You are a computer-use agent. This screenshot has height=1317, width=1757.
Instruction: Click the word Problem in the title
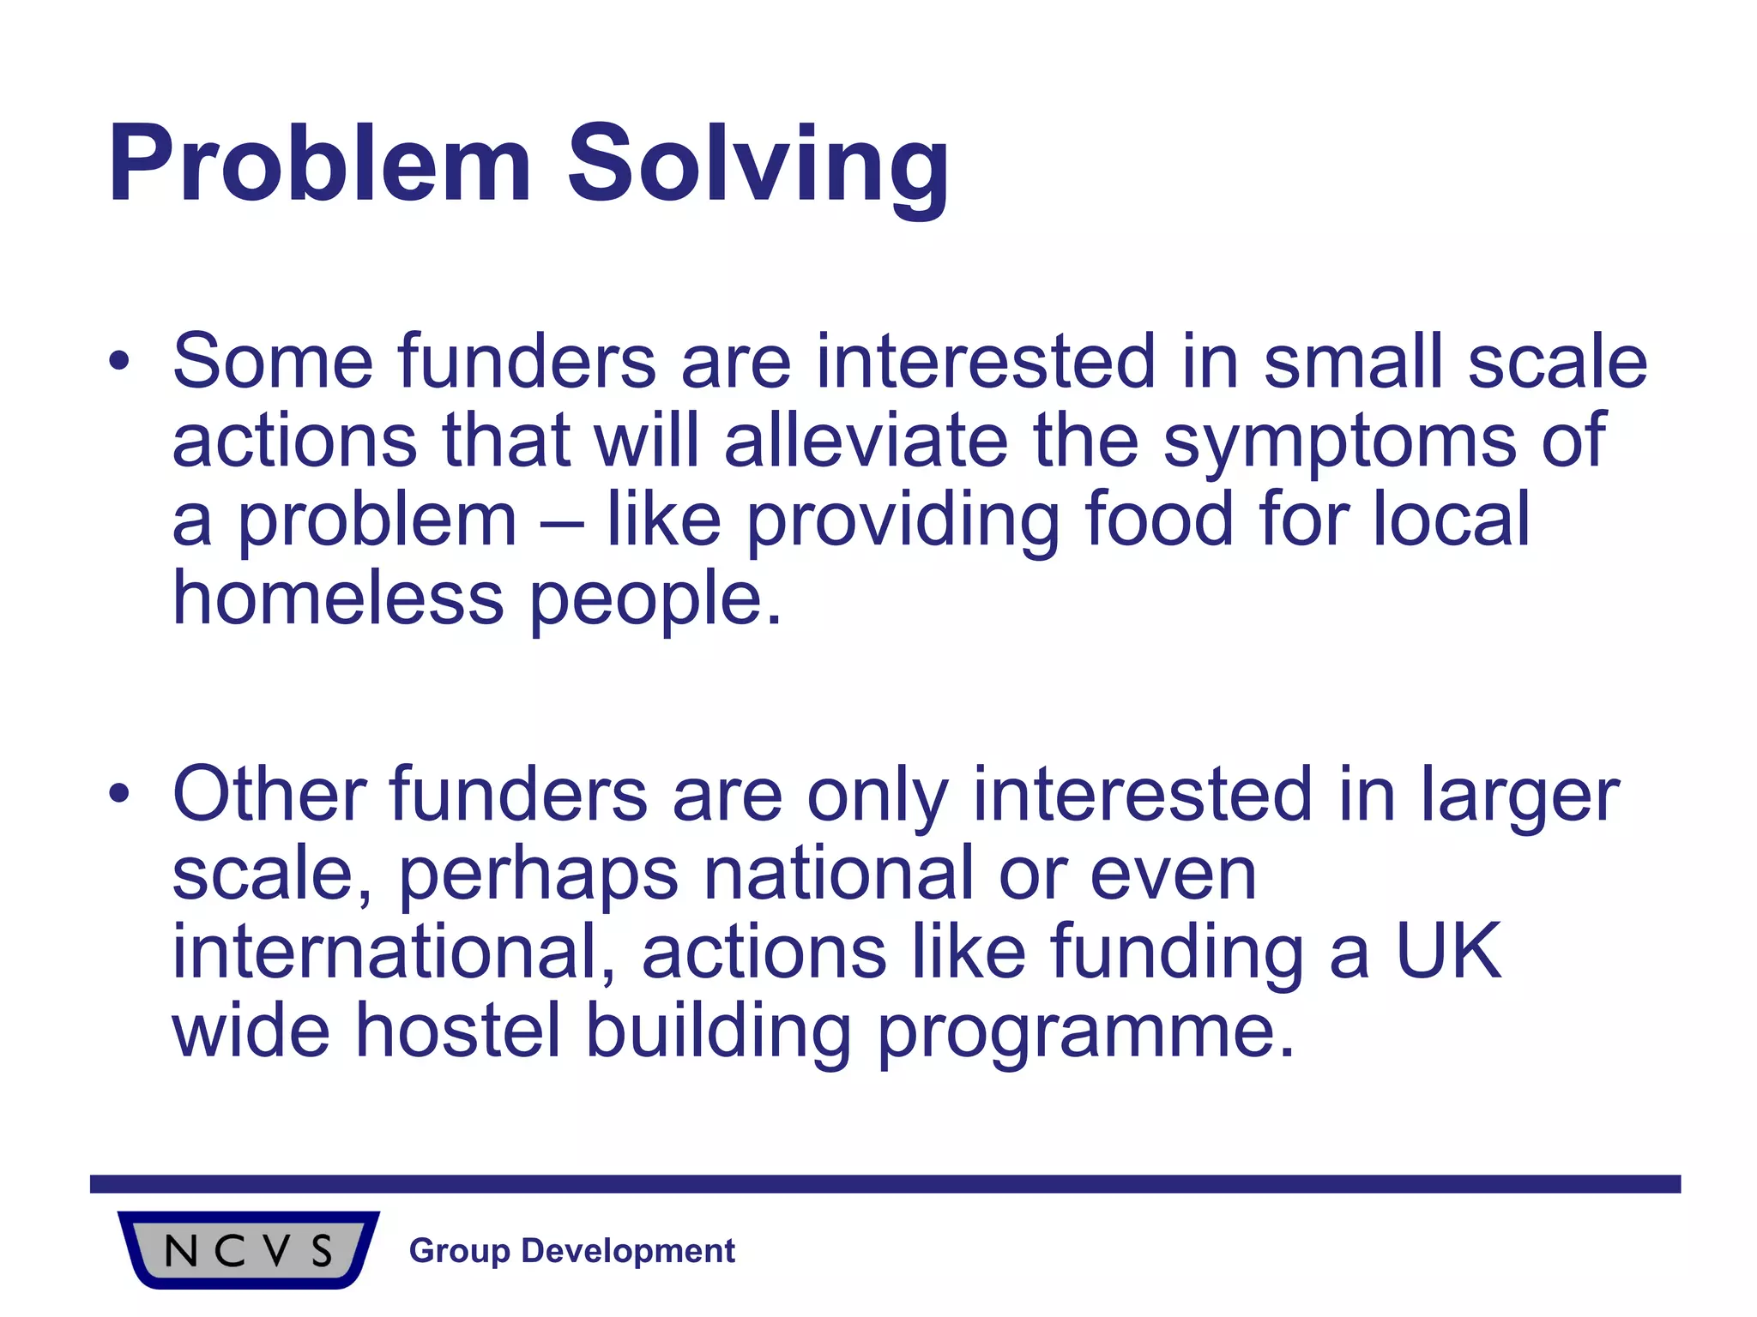pos(319,165)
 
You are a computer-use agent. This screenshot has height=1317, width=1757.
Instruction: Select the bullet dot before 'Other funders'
pos(119,794)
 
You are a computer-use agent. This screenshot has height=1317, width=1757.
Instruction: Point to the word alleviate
pos(866,441)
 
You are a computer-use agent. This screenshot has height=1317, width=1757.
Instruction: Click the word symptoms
pos(1339,442)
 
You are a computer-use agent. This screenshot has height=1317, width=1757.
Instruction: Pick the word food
pos(1159,520)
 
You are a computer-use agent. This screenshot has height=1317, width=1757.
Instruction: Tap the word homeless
pos(338,598)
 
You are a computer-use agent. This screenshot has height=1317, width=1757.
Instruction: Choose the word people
pos(655,600)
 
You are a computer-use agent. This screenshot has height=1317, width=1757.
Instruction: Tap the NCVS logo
pos(248,1250)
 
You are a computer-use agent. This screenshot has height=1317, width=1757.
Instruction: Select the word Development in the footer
pos(628,1252)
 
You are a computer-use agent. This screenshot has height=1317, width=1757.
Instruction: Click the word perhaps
pos(539,875)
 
